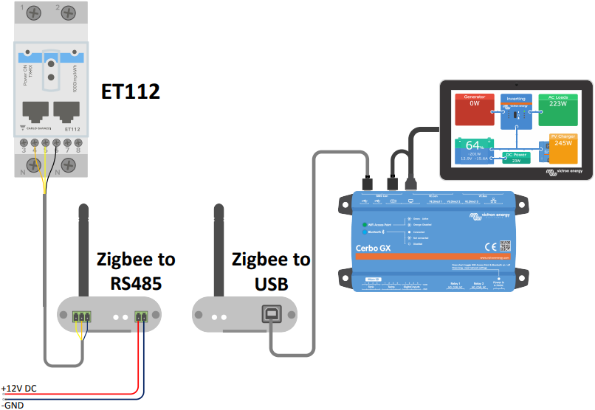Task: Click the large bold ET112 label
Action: pyautogui.click(x=131, y=91)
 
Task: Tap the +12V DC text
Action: pyautogui.click(x=18, y=388)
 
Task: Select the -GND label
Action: pyautogui.click(x=13, y=404)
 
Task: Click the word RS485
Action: pyautogui.click(x=137, y=283)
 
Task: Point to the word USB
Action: pyautogui.click(x=271, y=283)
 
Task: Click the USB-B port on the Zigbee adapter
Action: pyautogui.click(x=272, y=316)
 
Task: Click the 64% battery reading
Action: pyautogui.click(x=475, y=145)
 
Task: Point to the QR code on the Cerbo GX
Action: pyautogui.click(x=506, y=246)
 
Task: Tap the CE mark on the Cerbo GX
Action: pyautogui.click(x=488, y=247)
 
